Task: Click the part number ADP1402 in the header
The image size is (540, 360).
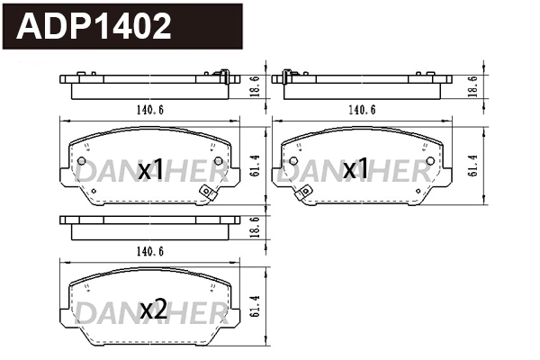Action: click(95, 26)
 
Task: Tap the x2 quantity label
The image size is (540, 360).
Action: click(153, 310)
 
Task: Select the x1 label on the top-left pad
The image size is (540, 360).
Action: click(151, 169)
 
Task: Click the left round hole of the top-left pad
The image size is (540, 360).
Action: click(81, 163)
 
